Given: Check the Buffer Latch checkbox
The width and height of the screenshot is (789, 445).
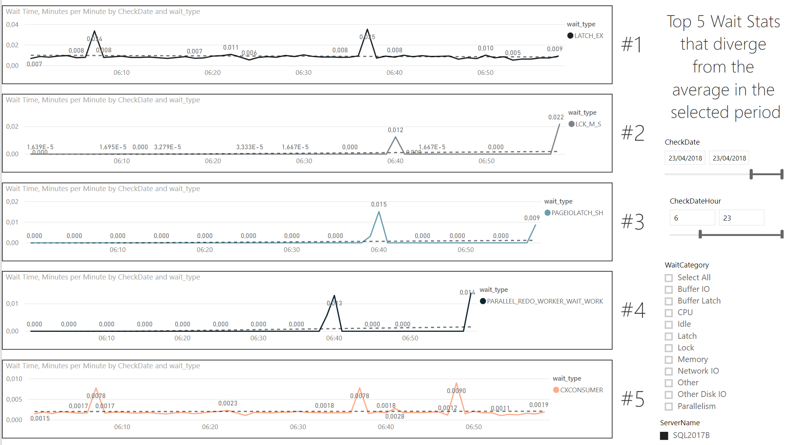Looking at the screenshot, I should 669,301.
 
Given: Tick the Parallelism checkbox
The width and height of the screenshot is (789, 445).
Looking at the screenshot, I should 669,407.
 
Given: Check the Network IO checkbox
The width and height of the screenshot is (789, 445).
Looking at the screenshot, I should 669,371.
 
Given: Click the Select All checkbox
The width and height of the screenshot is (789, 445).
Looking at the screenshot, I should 669,278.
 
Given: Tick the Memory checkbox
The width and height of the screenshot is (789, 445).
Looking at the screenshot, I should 669,360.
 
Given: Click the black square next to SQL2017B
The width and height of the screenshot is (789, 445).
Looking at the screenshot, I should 664,436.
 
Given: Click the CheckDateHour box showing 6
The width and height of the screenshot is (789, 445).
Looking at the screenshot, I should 692,218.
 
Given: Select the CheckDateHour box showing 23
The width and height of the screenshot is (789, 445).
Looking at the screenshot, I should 741,218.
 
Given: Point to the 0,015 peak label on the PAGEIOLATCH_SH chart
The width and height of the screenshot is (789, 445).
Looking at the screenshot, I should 379,204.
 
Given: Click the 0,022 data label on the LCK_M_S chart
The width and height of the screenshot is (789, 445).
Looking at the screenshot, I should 556,117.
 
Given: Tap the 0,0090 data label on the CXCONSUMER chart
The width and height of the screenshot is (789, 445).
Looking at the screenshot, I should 456,391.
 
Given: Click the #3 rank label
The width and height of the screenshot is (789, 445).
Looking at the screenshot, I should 633,222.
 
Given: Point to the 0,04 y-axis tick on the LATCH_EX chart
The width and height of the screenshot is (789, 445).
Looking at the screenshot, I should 12,24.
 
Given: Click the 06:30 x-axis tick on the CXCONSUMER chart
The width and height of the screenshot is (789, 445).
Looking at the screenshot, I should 298,427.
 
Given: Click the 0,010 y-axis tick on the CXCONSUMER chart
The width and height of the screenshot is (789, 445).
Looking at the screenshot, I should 14,379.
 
